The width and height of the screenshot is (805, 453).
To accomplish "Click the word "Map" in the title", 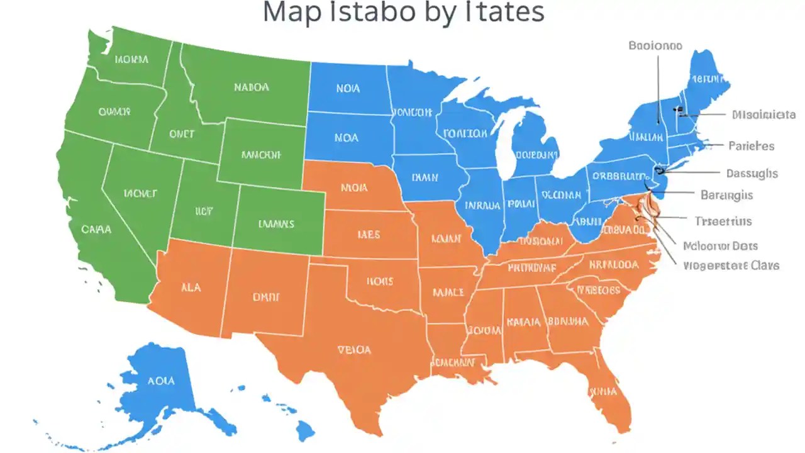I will click(293, 12).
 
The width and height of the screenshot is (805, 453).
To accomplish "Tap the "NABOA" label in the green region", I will click(252, 87).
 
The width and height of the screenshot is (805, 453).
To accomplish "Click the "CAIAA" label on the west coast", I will click(96, 230).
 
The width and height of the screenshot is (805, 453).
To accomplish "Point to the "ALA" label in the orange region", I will click(191, 287).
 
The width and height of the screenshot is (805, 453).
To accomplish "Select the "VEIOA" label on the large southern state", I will click(354, 350).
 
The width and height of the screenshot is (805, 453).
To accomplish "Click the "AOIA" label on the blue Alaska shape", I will click(161, 381).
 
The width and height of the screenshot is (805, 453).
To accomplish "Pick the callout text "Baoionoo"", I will click(655, 46).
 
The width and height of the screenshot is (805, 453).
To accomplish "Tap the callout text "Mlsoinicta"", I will click(763, 115).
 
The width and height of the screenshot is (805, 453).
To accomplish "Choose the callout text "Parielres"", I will click(751, 146).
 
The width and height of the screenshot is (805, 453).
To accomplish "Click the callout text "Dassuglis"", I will click(752, 173).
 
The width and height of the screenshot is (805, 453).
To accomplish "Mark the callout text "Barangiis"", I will click(726, 195).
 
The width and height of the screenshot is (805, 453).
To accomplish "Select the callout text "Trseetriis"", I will click(723, 221).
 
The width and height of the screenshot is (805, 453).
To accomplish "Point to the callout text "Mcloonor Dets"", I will click(720, 246).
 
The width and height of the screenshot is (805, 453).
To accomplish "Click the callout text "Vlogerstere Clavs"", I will click(731, 266).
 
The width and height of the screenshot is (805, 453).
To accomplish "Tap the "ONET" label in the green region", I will click(182, 134).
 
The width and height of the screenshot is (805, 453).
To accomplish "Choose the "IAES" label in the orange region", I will click(369, 235).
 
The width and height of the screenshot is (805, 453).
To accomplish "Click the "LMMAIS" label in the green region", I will click(276, 223).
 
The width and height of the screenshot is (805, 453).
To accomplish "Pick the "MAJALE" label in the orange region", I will click(448, 293).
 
